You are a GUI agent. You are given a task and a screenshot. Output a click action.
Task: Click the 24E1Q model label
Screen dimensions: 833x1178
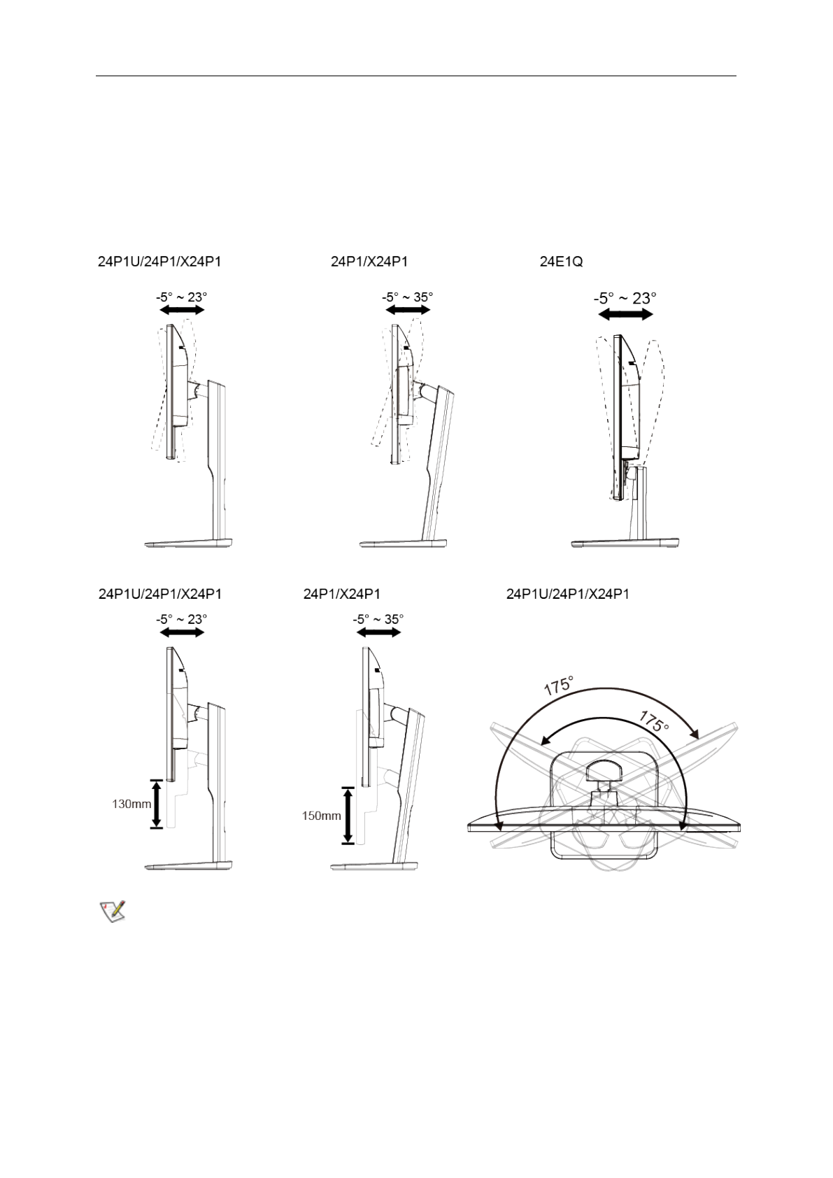(x=561, y=262)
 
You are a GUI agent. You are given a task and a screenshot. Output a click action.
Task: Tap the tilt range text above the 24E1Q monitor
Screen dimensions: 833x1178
(x=625, y=298)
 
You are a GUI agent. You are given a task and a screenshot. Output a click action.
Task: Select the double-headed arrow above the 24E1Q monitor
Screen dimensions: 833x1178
(x=625, y=315)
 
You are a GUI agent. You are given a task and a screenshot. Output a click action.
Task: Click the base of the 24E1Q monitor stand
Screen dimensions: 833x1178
(x=625, y=543)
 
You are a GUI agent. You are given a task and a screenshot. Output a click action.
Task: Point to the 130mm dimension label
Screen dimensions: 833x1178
(x=131, y=804)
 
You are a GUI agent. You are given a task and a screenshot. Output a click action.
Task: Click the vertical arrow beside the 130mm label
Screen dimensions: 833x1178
(x=156, y=804)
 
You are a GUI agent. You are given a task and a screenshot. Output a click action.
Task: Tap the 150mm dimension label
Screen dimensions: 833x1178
(x=321, y=816)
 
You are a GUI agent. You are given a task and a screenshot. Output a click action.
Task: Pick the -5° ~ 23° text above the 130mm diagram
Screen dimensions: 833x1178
(x=181, y=619)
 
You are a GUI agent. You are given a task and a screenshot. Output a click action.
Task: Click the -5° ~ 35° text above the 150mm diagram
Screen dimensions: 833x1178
(x=378, y=619)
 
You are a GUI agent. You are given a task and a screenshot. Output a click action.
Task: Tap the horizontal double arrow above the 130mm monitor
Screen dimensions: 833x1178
(x=182, y=632)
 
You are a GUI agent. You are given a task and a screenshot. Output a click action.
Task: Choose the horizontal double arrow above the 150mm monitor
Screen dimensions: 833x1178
(x=378, y=632)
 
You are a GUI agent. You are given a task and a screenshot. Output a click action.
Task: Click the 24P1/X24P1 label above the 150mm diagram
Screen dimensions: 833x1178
(x=341, y=594)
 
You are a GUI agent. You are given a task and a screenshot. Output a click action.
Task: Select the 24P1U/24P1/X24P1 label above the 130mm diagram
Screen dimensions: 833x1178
(x=160, y=594)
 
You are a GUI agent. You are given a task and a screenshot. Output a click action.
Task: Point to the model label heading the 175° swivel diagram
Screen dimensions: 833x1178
(x=567, y=594)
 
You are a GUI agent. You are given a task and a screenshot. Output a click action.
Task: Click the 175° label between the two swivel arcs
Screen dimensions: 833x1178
(x=653, y=721)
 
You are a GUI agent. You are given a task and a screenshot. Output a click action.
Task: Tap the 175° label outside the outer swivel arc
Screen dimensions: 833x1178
(x=559, y=685)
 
